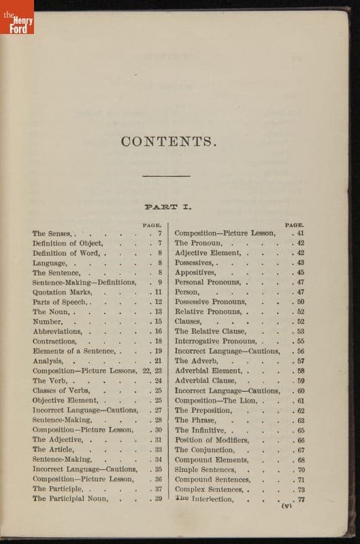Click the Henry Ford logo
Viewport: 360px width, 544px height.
tap(17, 18)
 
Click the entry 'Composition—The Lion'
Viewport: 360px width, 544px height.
tap(218, 401)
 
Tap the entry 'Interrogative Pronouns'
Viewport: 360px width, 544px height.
tap(218, 341)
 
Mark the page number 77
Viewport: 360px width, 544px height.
tap(300, 498)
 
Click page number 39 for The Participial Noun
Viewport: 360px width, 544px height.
tap(157, 498)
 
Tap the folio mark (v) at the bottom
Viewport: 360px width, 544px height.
tap(287, 506)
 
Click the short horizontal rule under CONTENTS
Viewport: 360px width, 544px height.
tap(157, 177)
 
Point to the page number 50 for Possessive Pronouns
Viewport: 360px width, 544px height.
tap(300, 302)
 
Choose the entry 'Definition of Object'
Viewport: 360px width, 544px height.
tap(67, 243)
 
